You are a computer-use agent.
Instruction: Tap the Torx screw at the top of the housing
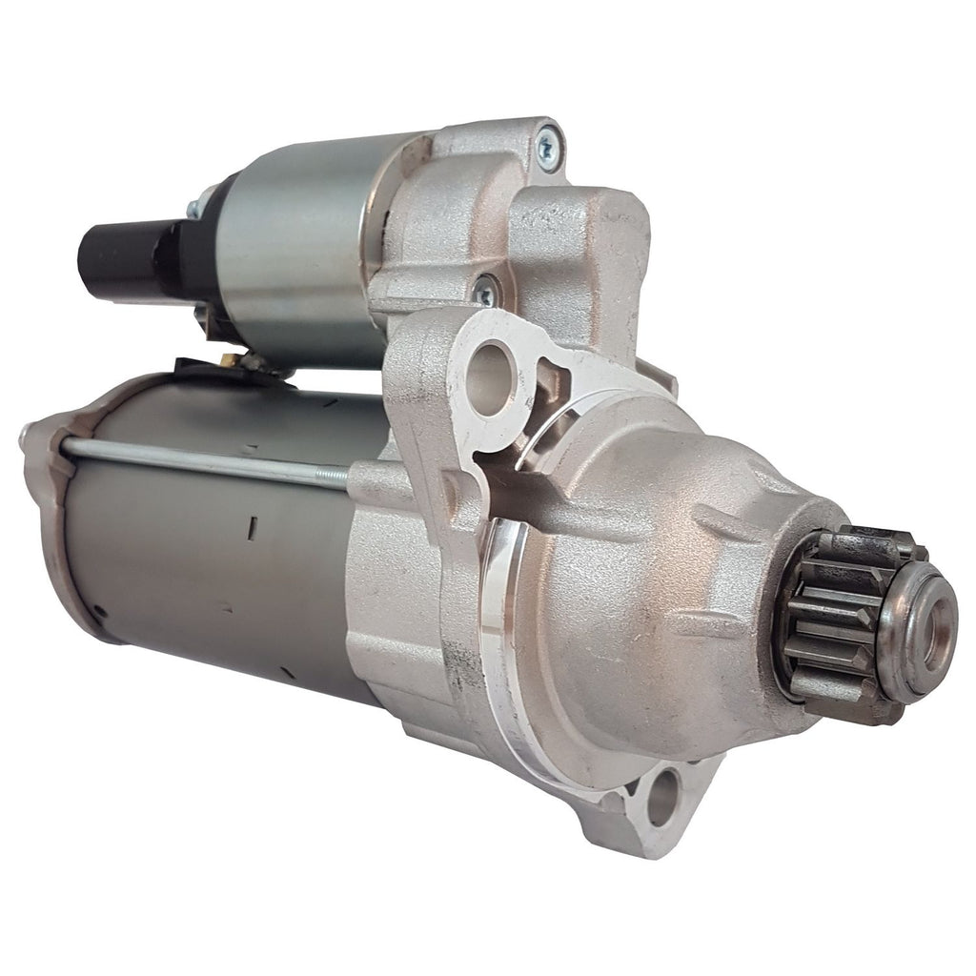549,146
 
